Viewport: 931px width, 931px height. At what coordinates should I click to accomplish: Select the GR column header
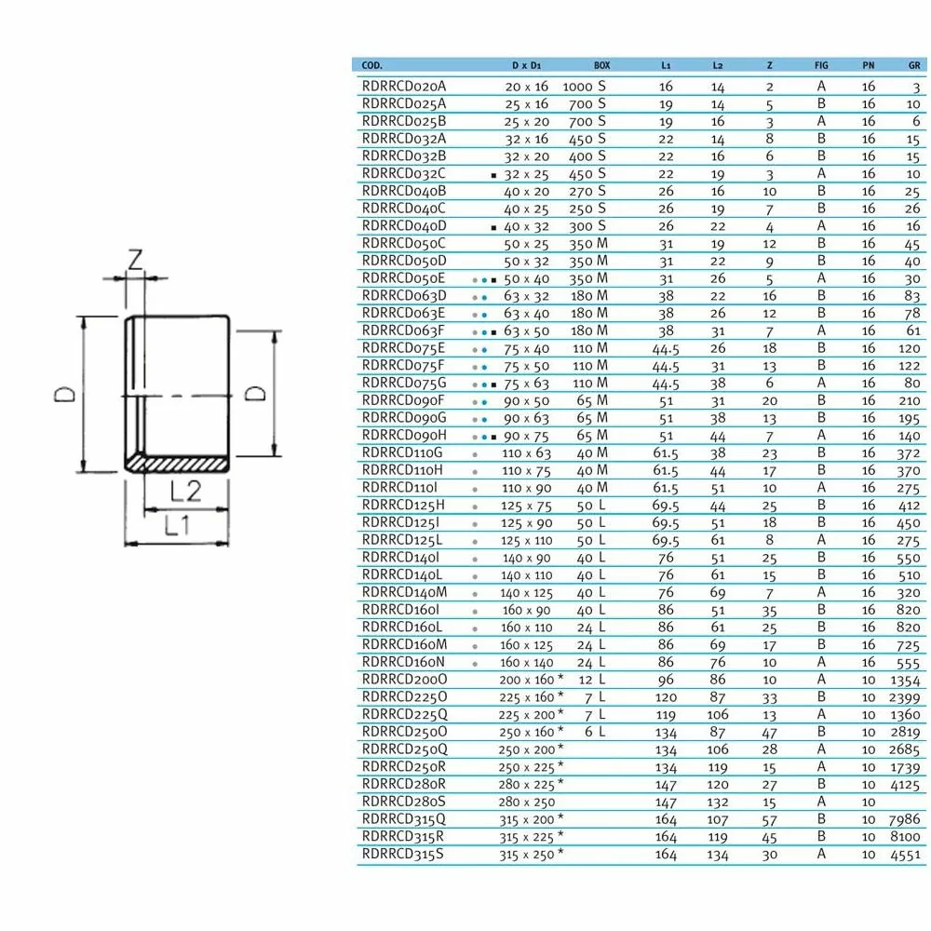point(914,65)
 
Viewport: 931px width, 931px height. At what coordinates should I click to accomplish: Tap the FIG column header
point(821,65)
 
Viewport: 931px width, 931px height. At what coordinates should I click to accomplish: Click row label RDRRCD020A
point(402,86)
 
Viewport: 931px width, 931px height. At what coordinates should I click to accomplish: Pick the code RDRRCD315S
point(402,854)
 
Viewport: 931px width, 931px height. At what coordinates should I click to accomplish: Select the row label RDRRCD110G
point(402,452)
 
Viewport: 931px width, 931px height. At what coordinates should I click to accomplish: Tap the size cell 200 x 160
point(528,680)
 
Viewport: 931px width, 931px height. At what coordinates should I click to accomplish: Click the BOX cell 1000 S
point(585,86)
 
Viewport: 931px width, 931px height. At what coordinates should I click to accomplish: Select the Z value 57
point(769,819)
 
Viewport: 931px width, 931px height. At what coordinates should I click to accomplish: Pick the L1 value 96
point(666,680)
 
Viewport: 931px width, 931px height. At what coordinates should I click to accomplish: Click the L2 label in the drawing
point(187,490)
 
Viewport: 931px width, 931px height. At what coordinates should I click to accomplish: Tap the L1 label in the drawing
point(177,525)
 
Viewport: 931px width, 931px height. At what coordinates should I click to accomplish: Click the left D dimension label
point(64,395)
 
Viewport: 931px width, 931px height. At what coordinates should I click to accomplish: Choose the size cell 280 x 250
point(526,802)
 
